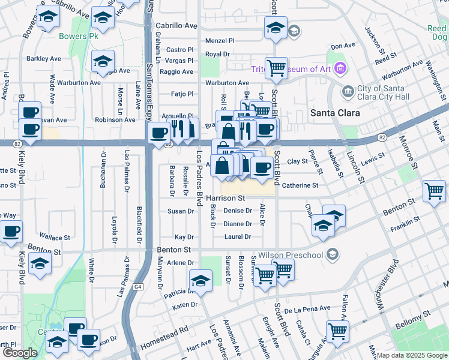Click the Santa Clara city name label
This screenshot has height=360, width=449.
tap(335, 113)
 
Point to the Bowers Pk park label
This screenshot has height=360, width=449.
tap(78, 36)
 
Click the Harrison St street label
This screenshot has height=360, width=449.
tap(226, 197)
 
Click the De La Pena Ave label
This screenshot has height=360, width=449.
tap(308, 309)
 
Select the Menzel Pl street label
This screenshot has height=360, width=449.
tap(220, 41)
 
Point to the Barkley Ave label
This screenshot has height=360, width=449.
tap(44, 59)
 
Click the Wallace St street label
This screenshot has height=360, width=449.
tap(55, 237)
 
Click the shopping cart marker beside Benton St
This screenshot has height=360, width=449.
tap(434, 191)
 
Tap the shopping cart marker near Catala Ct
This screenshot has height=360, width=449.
tap(337, 330)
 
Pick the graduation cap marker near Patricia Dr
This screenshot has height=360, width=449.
tap(200, 280)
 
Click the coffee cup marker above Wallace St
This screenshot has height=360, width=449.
tap(10, 231)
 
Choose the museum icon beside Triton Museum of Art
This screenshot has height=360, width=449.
tap(340, 68)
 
